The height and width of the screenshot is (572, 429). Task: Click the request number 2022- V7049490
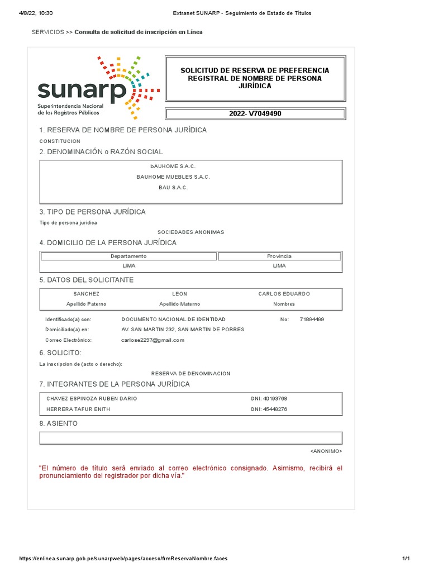click(255, 114)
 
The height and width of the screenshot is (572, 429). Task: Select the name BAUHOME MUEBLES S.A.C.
click(173, 177)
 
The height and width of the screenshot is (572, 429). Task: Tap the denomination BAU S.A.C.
click(173, 188)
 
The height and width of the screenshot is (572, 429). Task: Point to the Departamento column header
click(128, 256)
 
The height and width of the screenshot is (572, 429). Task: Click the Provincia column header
click(279, 256)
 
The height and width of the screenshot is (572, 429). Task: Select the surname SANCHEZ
click(86, 294)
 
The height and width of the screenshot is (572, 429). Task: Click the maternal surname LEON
click(179, 294)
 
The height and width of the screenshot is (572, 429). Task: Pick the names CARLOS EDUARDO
click(284, 294)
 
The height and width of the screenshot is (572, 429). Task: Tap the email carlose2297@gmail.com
click(152, 340)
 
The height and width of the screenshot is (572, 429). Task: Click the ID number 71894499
click(312, 320)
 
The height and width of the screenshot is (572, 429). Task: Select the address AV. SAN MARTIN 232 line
click(183, 330)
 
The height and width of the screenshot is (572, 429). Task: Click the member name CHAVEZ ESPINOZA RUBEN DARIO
click(92, 399)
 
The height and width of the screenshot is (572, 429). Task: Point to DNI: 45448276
click(269, 409)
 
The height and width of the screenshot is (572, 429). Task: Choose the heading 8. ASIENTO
click(58, 424)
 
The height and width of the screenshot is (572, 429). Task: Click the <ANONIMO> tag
click(326, 451)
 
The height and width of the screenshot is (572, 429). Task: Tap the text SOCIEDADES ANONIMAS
click(190, 232)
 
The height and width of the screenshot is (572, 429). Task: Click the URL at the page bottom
click(123, 559)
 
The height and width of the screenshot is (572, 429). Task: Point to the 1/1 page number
click(406, 559)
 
